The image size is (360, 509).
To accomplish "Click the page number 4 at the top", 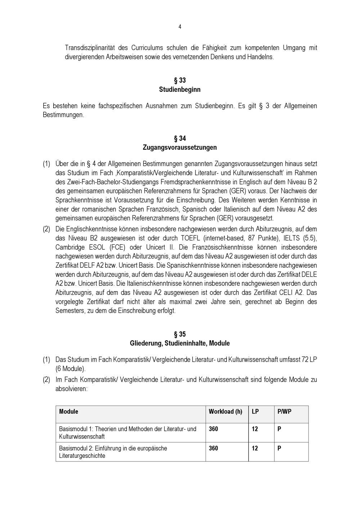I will click(180, 27).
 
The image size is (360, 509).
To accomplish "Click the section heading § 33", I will click(180, 80).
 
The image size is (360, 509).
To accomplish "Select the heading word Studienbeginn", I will click(180, 89).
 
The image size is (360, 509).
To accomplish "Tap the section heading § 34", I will click(180, 138).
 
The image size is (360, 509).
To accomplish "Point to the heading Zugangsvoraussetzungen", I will click(180, 147).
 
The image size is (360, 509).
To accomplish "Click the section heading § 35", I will click(180, 334).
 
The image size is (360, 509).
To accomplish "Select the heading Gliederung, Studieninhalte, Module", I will click(180, 343).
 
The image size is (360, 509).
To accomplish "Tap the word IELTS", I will click(284, 238).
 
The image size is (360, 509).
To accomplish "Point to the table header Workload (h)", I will click(225, 411).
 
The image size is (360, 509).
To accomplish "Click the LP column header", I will click(255, 411).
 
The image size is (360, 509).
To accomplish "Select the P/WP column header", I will click(284, 411).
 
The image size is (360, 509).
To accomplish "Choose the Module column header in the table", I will click(69, 411).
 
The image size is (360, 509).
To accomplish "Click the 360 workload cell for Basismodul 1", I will click(213, 429).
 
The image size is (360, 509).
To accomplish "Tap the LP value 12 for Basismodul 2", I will click(255, 448).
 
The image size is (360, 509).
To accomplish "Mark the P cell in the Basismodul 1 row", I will click(279, 429).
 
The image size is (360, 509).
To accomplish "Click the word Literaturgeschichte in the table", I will click(82, 456).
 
